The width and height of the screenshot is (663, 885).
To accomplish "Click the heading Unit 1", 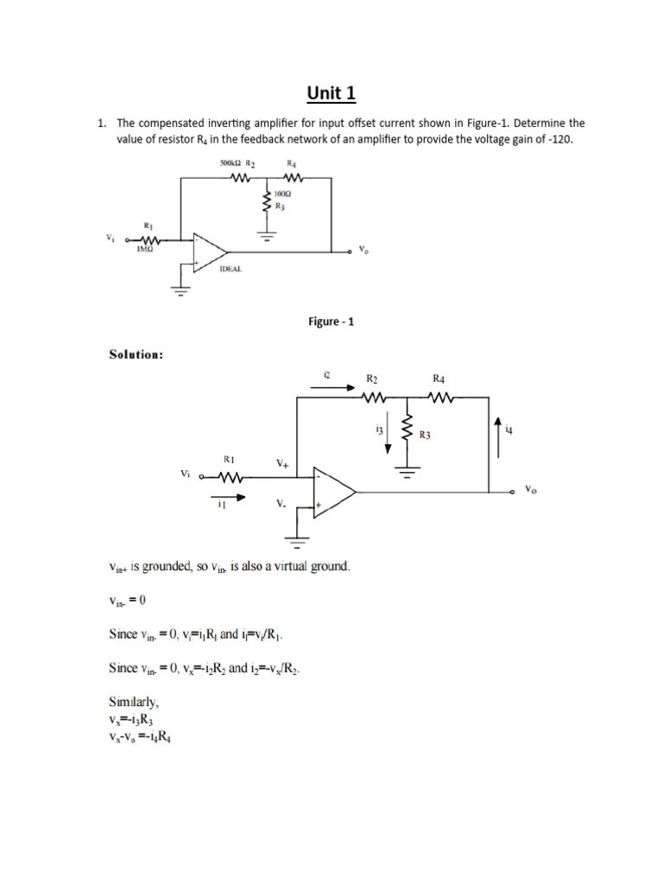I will click(331, 93).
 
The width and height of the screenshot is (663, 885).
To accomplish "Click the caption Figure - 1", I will click(331, 322).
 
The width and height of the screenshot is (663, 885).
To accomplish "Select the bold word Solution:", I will click(136, 354).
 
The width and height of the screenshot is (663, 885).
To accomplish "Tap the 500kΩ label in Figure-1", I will click(228, 162).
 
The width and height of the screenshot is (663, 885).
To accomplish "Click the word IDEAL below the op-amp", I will click(230, 269).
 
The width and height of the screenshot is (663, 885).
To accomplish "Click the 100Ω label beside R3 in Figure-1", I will click(281, 194).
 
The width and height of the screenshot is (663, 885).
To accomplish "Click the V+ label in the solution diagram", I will click(282, 463).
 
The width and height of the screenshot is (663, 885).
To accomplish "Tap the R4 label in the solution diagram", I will click(439, 379).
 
